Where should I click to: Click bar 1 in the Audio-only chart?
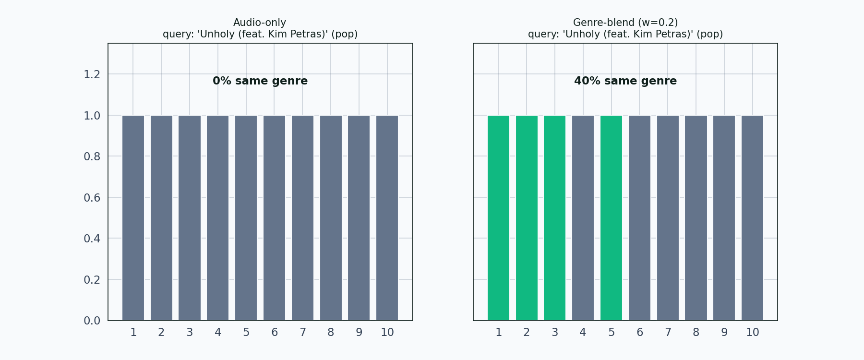point(133,218)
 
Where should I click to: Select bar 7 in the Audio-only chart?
point(302,218)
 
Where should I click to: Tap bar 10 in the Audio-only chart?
point(387,218)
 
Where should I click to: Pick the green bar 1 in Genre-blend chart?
point(498,218)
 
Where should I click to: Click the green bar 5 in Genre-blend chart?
point(611,218)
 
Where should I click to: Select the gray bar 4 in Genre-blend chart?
point(583,218)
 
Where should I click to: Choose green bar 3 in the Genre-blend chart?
point(554,218)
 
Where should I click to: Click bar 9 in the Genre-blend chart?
point(724,218)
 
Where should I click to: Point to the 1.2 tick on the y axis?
point(92,74)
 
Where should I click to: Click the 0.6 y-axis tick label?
point(92,198)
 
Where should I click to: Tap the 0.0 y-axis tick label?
point(92,321)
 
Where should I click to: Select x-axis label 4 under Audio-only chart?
point(218,332)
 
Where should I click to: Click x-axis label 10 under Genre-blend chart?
point(752,332)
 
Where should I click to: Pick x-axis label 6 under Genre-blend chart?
point(639,332)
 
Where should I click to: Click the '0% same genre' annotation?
point(260,81)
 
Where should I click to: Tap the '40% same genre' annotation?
point(625,81)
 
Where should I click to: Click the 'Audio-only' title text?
point(260,23)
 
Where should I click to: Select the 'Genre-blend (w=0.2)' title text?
point(625,23)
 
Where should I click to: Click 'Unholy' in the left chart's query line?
point(216,34)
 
